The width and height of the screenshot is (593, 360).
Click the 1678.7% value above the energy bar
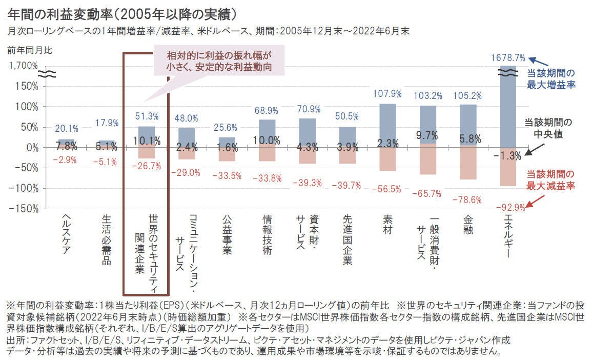tap(508, 57)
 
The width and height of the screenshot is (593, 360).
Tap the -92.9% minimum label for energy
tap(511, 208)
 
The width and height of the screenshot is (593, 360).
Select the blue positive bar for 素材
tap(388, 126)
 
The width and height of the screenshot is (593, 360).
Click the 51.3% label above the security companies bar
tap(147, 116)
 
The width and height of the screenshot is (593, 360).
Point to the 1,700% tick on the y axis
tap(24, 66)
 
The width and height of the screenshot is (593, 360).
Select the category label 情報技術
tap(267, 234)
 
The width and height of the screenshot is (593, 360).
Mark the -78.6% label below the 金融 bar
tap(468, 199)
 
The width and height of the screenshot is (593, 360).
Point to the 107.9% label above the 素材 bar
tap(388, 94)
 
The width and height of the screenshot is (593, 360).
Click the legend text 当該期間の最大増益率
tap(551, 78)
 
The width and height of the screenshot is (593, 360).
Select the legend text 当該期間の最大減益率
tap(551, 179)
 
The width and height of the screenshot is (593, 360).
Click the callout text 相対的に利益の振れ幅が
tap(219, 56)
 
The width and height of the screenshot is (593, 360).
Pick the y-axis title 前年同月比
tap(29, 50)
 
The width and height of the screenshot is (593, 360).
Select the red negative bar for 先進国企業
tap(347, 155)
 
